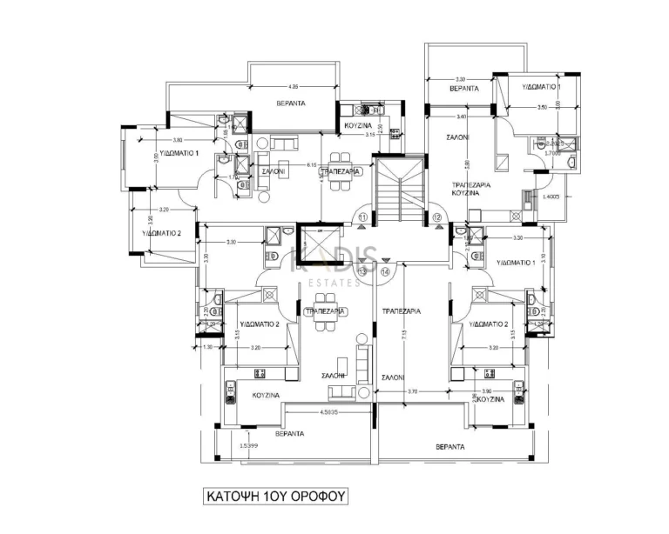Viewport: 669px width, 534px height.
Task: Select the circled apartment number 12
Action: pyautogui.click(x=436, y=217)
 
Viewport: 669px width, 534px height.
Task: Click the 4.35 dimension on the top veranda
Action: pyautogui.click(x=294, y=87)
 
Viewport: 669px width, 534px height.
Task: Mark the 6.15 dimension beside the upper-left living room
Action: pyautogui.click(x=311, y=164)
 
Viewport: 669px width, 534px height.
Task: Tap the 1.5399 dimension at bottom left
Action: pyautogui.click(x=249, y=444)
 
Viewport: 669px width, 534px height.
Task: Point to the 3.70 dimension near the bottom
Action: pyautogui.click(x=412, y=392)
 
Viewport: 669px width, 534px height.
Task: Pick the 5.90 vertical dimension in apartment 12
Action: pyautogui.click(x=468, y=164)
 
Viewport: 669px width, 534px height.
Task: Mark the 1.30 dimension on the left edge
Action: pyautogui.click(x=206, y=347)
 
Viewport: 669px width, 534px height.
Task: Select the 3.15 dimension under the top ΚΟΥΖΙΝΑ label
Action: pyautogui.click(x=369, y=135)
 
